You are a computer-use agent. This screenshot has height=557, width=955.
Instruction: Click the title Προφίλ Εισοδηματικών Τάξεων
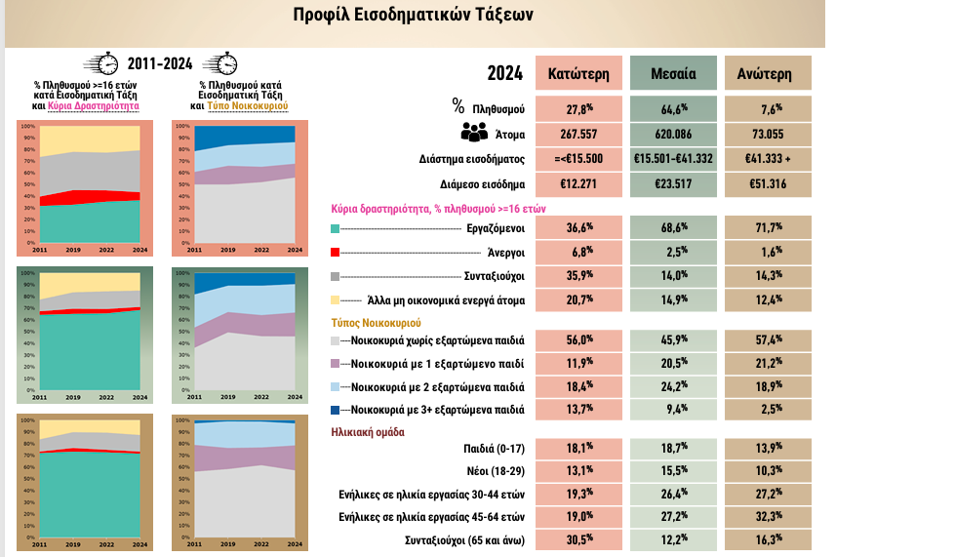coord(414,16)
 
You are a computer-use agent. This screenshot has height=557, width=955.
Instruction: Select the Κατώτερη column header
coord(577,73)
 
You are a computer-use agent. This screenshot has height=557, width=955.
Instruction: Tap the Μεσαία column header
coord(672,73)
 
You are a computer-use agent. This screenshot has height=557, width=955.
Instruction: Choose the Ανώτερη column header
coord(768,73)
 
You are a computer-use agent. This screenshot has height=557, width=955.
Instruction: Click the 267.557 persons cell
coord(577,134)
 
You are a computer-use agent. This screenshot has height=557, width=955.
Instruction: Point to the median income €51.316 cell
coord(768,184)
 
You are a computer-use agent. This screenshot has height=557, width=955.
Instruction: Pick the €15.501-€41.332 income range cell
coord(672,158)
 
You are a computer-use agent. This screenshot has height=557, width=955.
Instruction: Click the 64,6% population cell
coord(672,107)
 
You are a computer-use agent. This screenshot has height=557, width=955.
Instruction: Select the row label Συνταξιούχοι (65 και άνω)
coord(465,539)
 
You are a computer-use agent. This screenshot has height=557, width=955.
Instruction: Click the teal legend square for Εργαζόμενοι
coord(336,228)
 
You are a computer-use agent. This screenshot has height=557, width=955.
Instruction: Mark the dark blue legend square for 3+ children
coord(336,410)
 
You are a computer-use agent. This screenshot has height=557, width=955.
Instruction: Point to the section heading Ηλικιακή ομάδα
coord(368,431)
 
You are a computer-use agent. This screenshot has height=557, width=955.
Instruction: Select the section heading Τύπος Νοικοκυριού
coord(377,321)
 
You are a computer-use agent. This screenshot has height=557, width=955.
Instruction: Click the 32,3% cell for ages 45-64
coord(768,516)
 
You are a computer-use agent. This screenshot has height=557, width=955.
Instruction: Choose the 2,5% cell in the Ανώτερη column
coord(768,410)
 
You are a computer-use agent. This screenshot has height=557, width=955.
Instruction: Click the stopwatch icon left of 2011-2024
coord(101,63)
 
